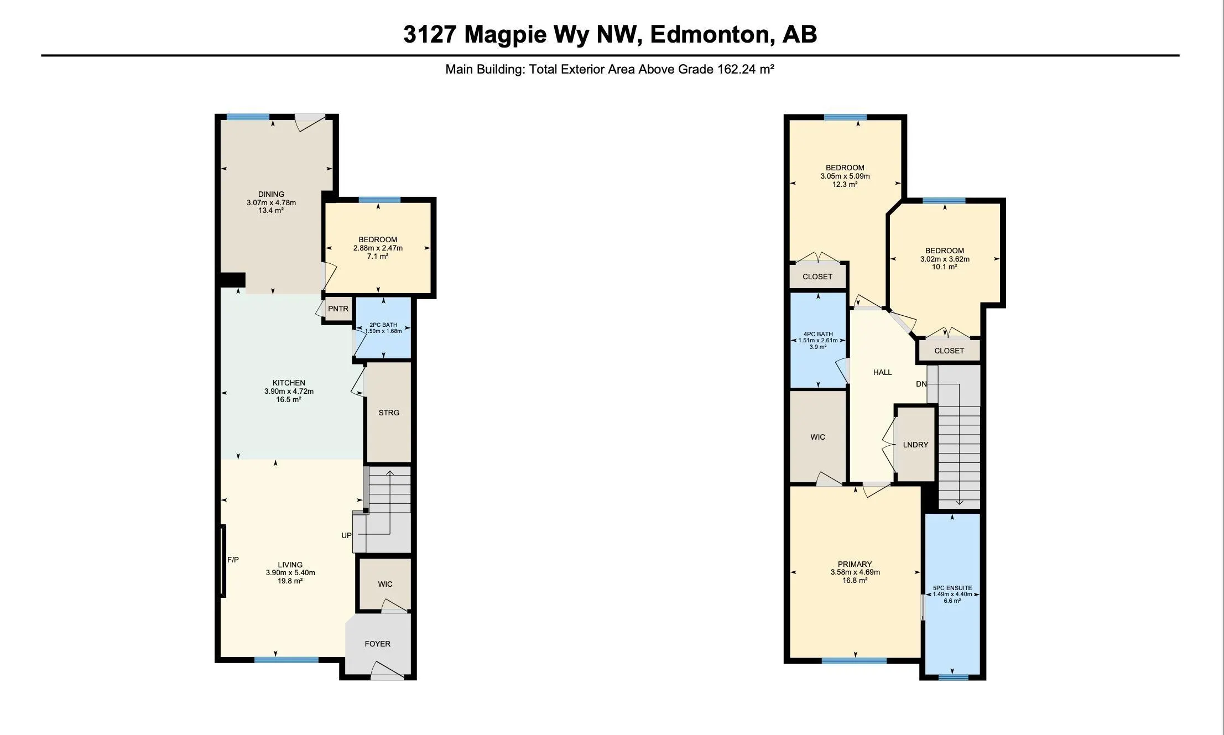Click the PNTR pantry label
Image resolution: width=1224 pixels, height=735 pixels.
click(338, 309)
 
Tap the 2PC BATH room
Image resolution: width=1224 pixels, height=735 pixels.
click(383, 328)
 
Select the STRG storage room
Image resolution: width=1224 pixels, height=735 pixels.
click(389, 413)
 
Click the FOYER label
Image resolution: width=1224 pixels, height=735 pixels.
click(377, 644)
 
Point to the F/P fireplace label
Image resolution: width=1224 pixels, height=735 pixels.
click(233, 560)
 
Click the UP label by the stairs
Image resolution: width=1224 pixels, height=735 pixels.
click(346, 535)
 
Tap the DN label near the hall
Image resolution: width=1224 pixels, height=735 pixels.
click(921, 384)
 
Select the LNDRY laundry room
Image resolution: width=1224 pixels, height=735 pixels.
click(915, 445)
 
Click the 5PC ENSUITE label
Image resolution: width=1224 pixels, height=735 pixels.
click(952, 588)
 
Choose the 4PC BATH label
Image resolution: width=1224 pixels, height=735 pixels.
click(817, 334)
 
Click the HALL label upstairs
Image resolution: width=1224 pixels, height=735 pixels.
click(882, 372)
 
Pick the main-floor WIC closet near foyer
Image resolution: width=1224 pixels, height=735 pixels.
click(385, 584)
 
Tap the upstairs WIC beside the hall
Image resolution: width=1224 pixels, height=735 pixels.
click(817, 437)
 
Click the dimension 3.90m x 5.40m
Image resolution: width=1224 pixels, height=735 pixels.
click(290, 573)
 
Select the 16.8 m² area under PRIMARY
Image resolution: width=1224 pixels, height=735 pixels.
click(855, 580)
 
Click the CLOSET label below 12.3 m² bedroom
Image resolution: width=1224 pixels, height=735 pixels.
click(817, 277)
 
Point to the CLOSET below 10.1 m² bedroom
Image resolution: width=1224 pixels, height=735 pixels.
click(949, 351)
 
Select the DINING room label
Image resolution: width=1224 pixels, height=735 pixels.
click(271, 194)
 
